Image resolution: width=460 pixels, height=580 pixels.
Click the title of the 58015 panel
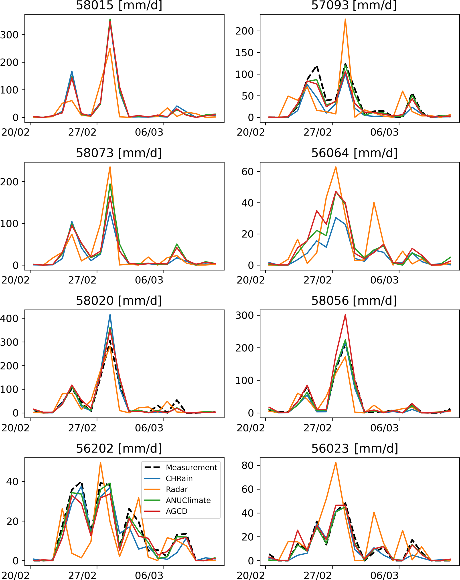point(119,5)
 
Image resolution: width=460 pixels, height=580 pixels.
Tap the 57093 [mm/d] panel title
point(354,5)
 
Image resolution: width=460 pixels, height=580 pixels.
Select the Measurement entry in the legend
point(191,468)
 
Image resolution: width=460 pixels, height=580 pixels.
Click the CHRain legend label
point(179,479)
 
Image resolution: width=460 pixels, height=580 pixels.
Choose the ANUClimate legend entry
point(188,500)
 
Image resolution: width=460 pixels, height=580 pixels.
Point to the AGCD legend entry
point(176,511)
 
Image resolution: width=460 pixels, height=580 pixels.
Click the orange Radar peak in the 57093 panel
point(345,19)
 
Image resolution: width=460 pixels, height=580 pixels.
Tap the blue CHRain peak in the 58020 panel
point(110,315)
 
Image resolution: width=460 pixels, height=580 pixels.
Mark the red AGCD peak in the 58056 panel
point(345,315)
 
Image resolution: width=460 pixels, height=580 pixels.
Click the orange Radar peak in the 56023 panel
point(336,463)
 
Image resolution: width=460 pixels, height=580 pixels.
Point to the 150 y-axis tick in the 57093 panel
point(244,53)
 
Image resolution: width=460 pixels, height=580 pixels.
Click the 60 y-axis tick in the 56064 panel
point(247,172)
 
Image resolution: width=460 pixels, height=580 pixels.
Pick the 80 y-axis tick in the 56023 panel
point(247,465)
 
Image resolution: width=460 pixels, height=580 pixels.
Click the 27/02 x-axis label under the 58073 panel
point(82,280)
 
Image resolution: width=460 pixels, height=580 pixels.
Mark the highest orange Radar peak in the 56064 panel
point(336,167)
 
